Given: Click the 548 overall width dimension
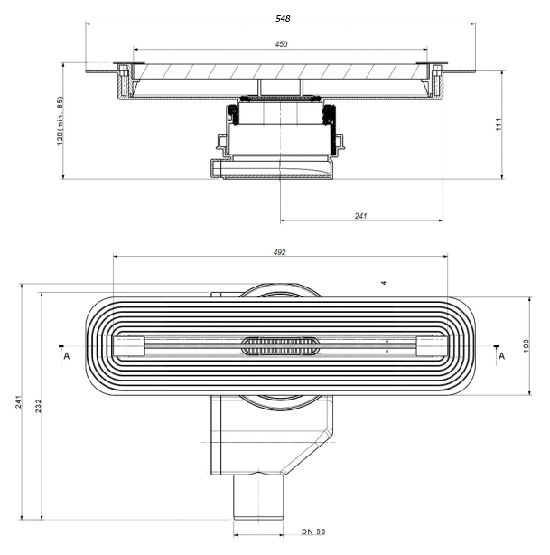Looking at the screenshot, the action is coord(283,18).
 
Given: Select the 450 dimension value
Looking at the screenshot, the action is coord(281,44).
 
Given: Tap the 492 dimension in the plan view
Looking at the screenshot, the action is coord(279,252).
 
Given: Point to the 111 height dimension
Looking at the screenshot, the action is coord(499,125).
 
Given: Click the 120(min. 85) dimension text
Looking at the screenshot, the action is coord(60,120).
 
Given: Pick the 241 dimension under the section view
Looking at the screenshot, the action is coord(360,215).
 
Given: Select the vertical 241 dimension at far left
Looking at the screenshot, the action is coord(18,401).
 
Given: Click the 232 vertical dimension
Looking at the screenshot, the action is coord(38,406).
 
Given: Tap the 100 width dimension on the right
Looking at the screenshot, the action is coord(526,345).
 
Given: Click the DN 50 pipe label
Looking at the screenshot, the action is coord(313,531).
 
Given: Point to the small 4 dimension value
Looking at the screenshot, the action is coord(384,283).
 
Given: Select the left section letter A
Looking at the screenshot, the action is coord(67,356).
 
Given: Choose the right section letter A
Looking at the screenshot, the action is coord(501,356).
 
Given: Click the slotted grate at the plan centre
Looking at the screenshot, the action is coord(281,346).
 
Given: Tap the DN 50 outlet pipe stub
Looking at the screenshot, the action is coord(258,497).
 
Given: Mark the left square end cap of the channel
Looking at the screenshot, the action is coord(129,346).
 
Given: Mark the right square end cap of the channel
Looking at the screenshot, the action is coord(432,346).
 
